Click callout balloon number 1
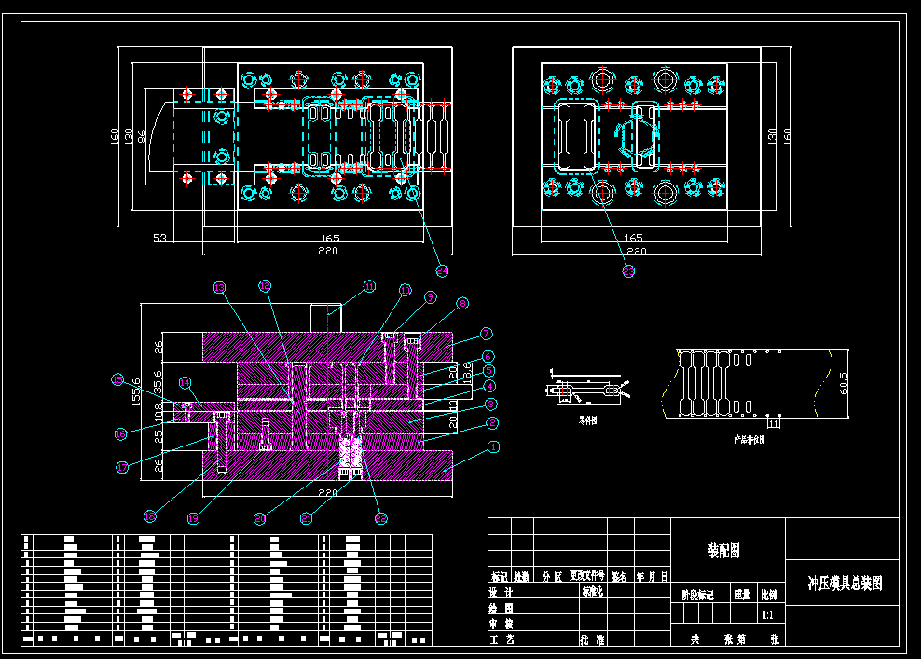tap(494, 446)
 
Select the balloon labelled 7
tap(487, 333)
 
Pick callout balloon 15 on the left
tap(117, 379)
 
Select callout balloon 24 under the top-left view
tap(442, 270)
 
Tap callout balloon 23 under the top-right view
tap(628, 270)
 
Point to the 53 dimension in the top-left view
tap(159, 240)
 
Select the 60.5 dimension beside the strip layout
tap(845, 382)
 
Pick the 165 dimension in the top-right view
tap(633, 239)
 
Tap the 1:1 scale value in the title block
tap(767, 615)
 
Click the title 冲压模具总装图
tap(844, 583)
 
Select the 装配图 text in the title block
tap(723, 551)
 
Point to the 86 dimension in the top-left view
tap(142, 136)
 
